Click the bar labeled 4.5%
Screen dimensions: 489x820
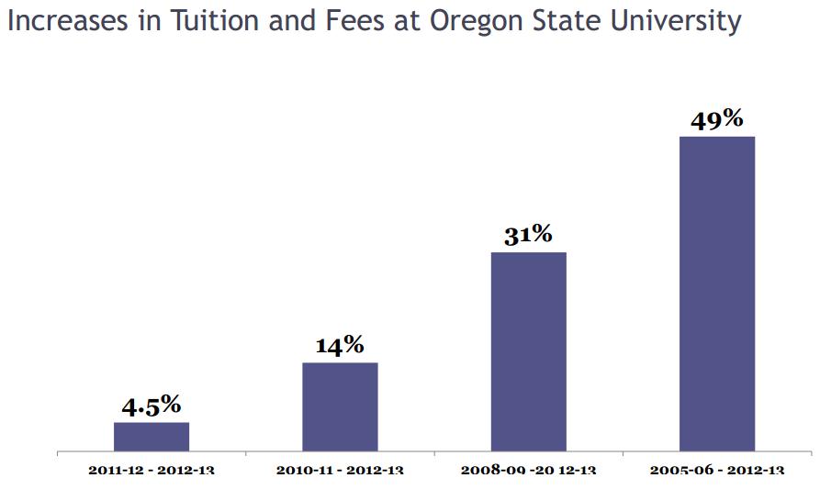(x=152, y=437)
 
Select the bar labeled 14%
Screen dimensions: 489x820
(x=340, y=406)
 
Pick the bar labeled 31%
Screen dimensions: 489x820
(x=528, y=351)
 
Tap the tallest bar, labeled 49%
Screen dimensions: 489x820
(x=716, y=294)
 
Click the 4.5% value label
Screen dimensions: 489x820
(x=152, y=406)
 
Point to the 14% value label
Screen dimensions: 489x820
(x=340, y=346)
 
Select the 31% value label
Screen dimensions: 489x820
(x=528, y=235)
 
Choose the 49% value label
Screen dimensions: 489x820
(x=716, y=120)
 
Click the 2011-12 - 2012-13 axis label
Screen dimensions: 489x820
(x=152, y=471)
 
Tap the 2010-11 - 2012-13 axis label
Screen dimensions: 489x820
(x=340, y=471)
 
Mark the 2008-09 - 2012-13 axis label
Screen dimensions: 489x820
(x=528, y=471)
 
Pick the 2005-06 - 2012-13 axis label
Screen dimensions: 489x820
(x=716, y=471)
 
